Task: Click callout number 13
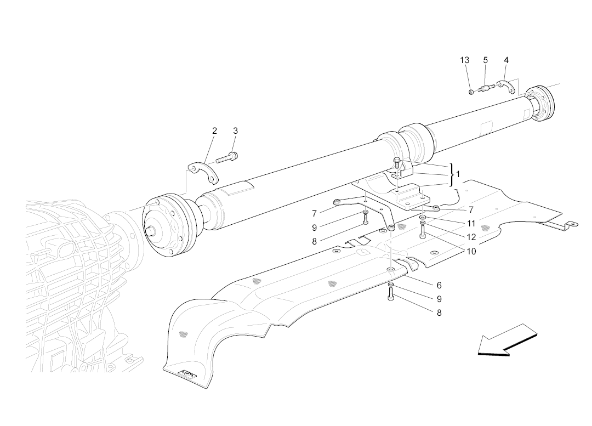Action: pos(464,60)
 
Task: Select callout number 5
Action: pos(486,60)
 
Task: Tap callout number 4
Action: pos(506,60)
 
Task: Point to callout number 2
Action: pos(214,131)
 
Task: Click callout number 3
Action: pos(236,131)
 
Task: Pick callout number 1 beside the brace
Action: pos(458,174)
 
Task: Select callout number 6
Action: pos(439,286)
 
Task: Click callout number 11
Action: pos(471,224)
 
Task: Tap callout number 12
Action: pos(471,237)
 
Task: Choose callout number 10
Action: pos(471,251)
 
